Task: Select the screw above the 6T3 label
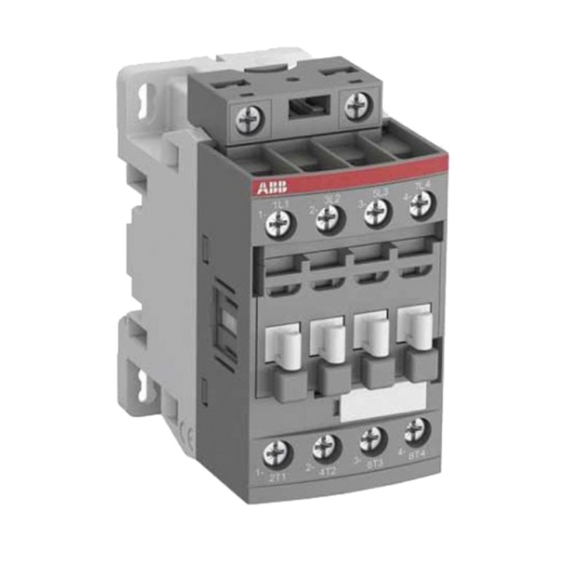coord(372,437)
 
